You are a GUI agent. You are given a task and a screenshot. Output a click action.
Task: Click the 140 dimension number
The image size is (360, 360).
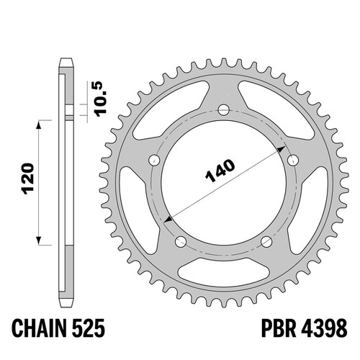(220, 171)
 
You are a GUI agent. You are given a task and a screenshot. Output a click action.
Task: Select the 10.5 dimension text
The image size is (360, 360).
(101, 99)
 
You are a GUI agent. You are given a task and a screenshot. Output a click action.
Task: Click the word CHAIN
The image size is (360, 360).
(39, 328)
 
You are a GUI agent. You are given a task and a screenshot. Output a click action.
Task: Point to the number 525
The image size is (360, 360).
(88, 328)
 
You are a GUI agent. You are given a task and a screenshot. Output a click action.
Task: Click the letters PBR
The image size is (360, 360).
(279, 328)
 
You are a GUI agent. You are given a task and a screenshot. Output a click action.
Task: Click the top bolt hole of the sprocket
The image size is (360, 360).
(224, 110)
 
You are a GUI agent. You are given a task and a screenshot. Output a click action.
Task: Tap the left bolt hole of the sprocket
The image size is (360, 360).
(155, 160)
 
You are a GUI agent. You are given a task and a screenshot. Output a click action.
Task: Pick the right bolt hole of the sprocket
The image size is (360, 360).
(293, 160)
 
